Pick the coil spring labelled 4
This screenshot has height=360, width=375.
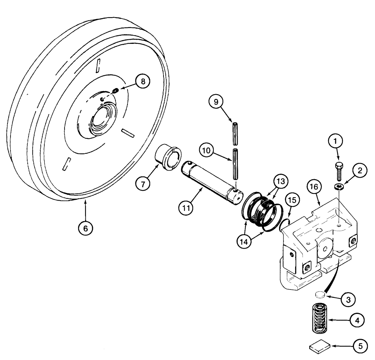point(320,318)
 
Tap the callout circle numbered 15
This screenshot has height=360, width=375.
point(293,201)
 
